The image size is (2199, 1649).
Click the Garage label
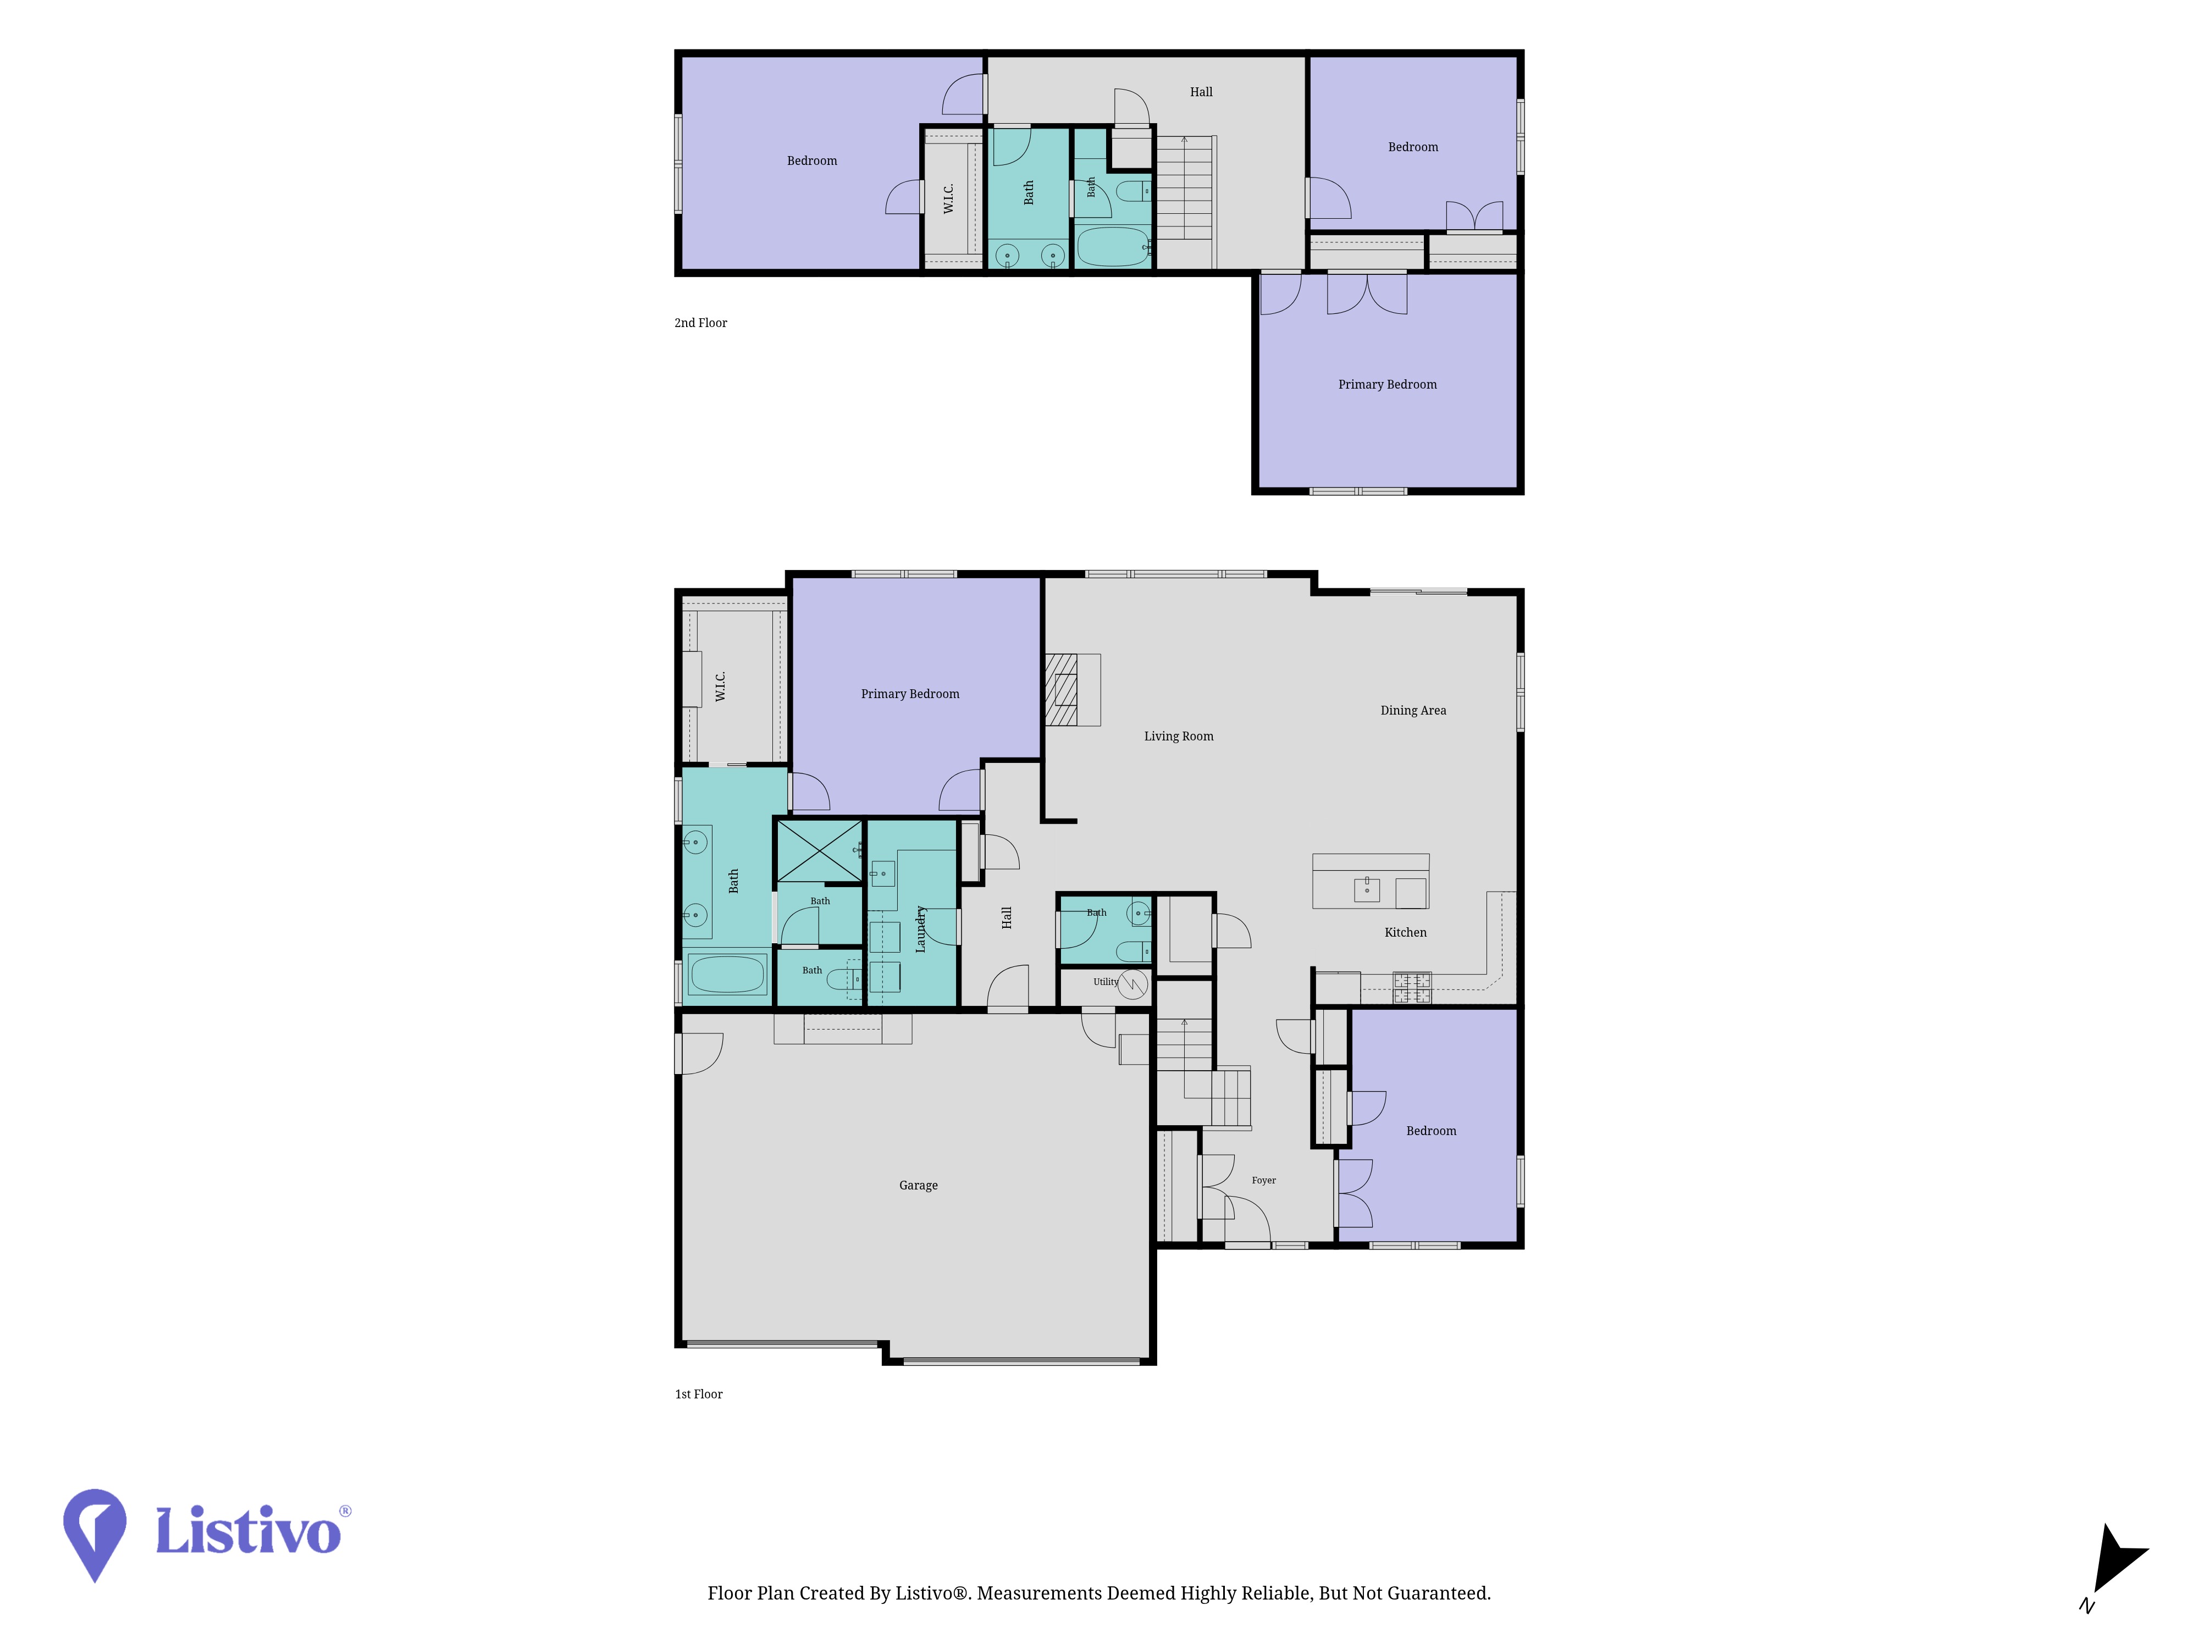point(918,1185)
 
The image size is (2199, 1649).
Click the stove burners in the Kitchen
point(1412,987)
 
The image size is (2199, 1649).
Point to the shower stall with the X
point(818,851)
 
